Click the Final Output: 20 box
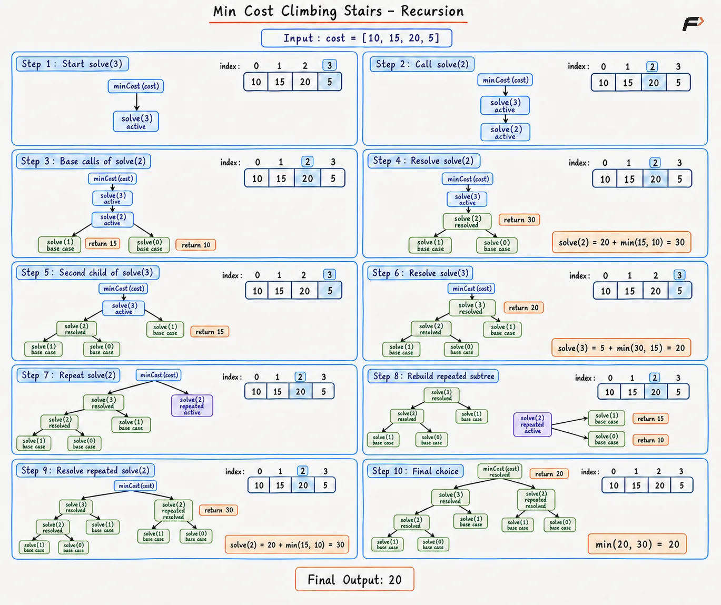[x=354, y=579]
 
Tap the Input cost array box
[x=357, y=38]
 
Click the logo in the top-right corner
[x=693, y=24]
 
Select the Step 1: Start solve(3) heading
[x=72, y=64]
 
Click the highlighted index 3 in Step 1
[x=329, y=65]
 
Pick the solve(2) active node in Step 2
[x=505, y=132]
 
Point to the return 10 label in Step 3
[x=196, y=245]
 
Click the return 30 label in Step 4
[x=519, y=220]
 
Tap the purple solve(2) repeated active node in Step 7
[x=192, y=406]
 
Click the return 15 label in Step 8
[x=650, y=419]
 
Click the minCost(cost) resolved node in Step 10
[x=500, y=471]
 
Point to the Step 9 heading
[x=85, y=470]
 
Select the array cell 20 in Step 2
[x=653, y=83]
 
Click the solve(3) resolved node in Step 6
[x=472, y=308]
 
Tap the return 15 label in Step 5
[x=210, y=332]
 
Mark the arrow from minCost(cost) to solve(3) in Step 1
[x=137, y=102]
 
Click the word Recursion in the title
[x=432, y=12]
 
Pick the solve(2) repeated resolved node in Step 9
[x=173, y=510]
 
